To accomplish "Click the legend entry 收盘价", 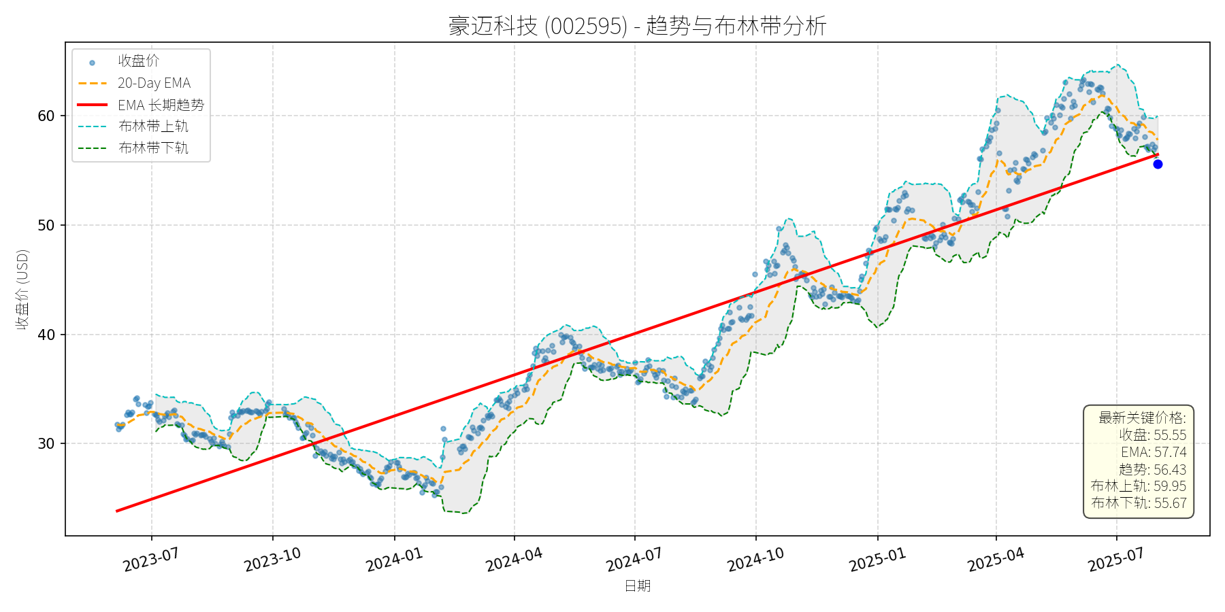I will tap(138, 61).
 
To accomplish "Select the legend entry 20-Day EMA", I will tap(154, 83).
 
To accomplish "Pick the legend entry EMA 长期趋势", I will tap(161, 105).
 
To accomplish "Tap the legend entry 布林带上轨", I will tap(153, 126).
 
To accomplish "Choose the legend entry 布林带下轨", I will tap(153, 148).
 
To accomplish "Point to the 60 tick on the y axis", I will tap(46, 116).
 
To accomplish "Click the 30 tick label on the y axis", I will tap(46, 444).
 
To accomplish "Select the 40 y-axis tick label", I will tap(46, 335).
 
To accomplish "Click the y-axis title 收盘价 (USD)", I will tap(22, 290).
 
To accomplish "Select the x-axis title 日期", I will tap(638, 586).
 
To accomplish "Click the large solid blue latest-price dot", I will tap(1158, 164).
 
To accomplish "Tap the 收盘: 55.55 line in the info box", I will tap(1152, 435).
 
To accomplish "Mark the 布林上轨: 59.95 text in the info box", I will tap(1138, 486).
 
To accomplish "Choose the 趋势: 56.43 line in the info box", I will tap(1152, 469).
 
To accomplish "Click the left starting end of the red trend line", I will tap(117, 511).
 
